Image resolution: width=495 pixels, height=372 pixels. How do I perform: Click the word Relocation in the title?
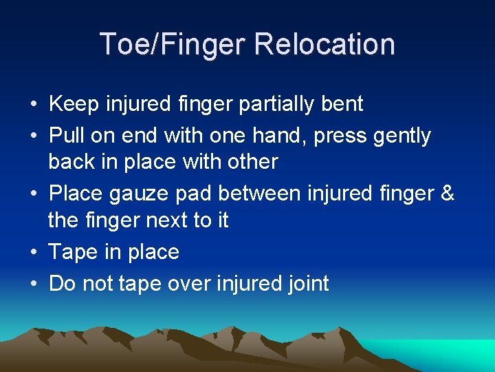324,44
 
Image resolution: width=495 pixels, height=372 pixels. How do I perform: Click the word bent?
342,104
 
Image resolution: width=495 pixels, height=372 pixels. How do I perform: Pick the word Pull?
65,136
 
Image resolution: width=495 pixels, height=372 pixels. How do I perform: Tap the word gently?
401,136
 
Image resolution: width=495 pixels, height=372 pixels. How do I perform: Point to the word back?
70,162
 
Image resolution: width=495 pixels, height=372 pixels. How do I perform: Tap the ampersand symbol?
446,194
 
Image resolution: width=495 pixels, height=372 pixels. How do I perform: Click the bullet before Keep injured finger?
33,105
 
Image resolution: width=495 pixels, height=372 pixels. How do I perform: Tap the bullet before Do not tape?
33,284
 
